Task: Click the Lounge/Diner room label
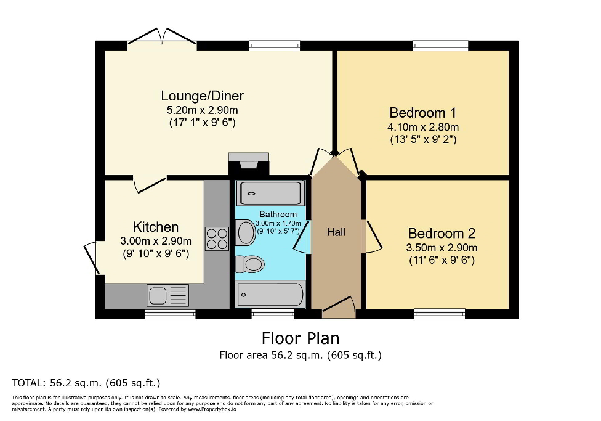pos(202,96)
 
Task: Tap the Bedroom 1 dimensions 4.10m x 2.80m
pos(422,127)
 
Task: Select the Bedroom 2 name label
pos(442,234)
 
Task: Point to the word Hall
pos(336,232)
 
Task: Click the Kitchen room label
pos(155,227)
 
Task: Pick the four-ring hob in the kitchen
pos(217,239)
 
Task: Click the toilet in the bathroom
pos(249,264)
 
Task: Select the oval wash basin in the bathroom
pos(246,233)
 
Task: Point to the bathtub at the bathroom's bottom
pos(270,294)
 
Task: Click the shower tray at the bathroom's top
pos(270,194)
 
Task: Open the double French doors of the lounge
pos(162,38)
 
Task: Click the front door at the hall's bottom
pos(339,307)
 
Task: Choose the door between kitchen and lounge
pos(150,182)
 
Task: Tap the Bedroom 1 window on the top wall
pos(440,45)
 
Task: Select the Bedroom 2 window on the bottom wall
pos(439,314)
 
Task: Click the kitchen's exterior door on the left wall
pos(92,257)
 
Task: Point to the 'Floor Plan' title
pos(300,338)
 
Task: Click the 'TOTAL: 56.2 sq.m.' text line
pos(86,382)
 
